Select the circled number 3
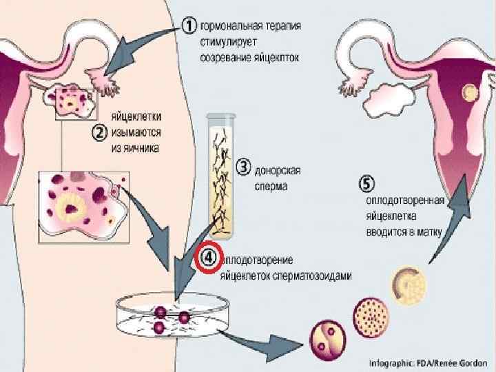click(243, 165)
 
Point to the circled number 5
click(369, 184)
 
